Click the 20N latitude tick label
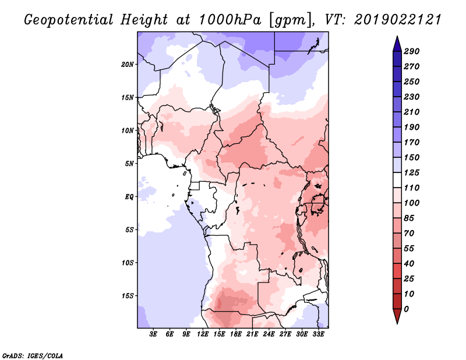128,65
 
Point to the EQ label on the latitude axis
129,197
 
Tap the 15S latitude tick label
128,296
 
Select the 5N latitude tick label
129,164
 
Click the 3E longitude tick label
153,334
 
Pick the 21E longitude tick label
252,334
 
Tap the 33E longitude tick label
318,334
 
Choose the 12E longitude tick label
202,334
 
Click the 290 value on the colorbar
411,51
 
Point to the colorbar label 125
411,172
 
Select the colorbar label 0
406,309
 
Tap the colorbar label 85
409,218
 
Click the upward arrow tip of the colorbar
397,37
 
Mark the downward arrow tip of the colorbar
397,323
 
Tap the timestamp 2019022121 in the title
398,20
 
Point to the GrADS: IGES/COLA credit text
33,356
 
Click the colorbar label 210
411,112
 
